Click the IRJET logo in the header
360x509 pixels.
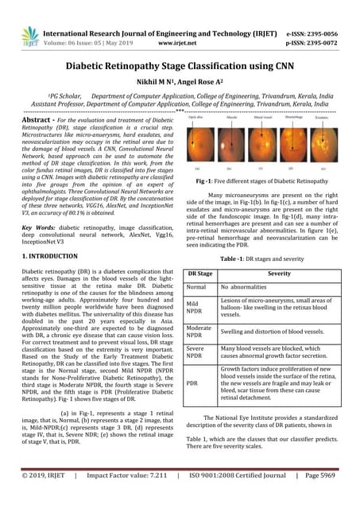(30, 35)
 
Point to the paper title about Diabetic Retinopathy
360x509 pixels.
(180, 69)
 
